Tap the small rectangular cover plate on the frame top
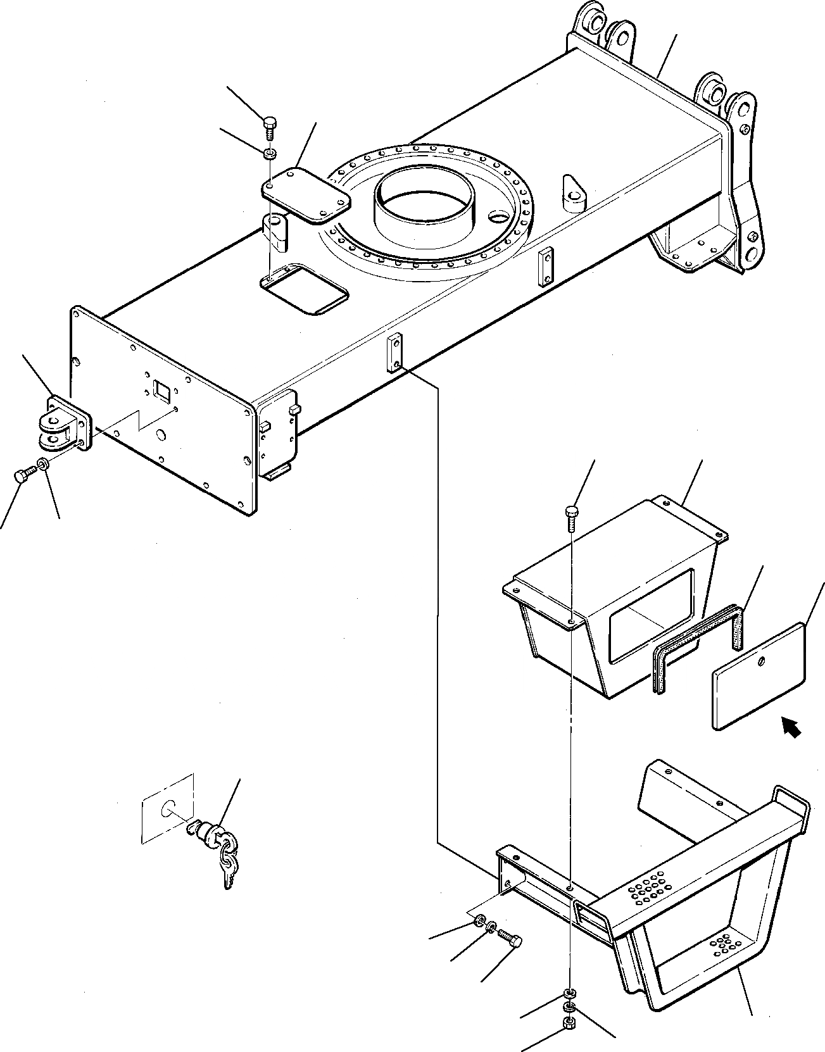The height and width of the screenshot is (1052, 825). click(x=306, y=195)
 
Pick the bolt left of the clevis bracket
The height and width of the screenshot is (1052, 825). click(x=22, y=476)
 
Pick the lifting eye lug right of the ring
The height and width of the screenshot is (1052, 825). click(x=573, y=191)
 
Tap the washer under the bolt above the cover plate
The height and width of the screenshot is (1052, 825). click(x=270, y=152)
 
